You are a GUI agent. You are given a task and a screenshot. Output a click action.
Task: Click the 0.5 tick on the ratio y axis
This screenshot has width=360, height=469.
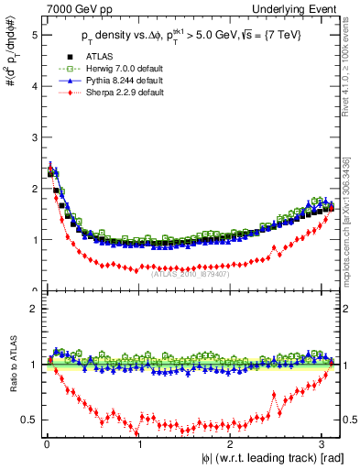coord(27,420)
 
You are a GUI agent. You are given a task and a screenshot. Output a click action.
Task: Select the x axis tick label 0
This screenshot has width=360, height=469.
coord(46,445)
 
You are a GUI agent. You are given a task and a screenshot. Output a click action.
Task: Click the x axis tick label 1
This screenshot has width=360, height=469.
coord(139,445)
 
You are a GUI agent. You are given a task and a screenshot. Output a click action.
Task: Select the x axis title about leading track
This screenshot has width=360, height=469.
coord(261,459)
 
